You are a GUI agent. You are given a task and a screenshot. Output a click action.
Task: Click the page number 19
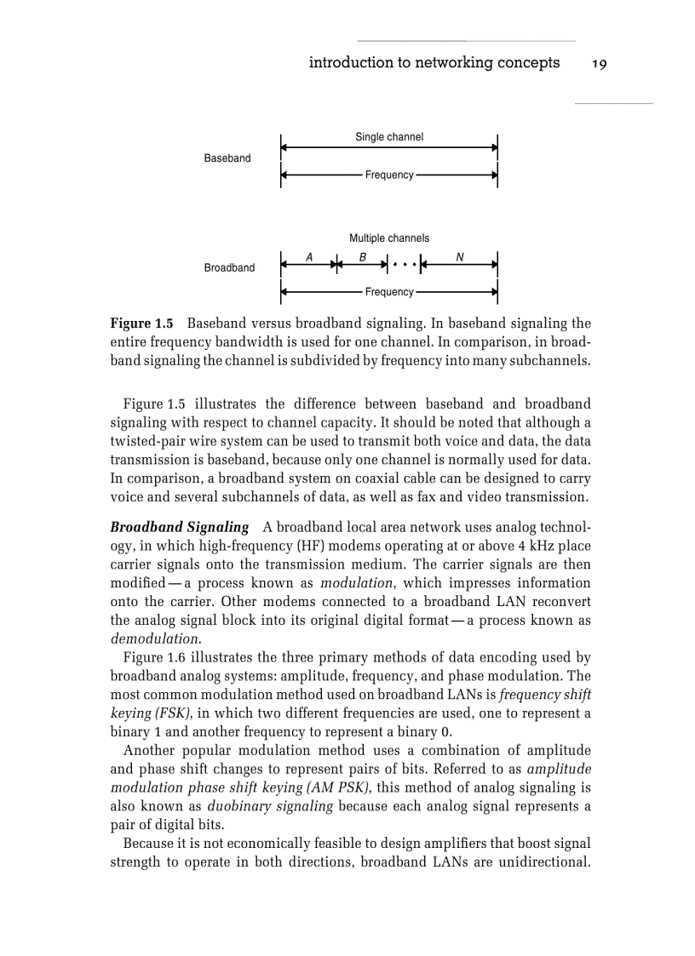click(598, 63)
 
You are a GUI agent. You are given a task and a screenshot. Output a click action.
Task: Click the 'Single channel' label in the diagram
click(388, 137)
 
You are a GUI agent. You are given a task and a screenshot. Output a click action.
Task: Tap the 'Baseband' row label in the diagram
click(227, 158)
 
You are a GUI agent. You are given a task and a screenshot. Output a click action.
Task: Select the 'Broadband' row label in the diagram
click(229, 268)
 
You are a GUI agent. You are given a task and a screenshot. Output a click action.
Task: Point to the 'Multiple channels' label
click(388, 238)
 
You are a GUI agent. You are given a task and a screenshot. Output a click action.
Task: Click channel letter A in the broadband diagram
click(308, 256)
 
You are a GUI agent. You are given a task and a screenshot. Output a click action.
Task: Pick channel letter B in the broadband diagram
click(363, 256)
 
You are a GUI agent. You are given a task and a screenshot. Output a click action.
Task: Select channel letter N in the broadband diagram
click(460, 256)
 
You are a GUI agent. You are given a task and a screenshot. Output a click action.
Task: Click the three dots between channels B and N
click(404, 265)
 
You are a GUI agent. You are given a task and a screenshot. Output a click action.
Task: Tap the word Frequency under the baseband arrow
click(389, 175)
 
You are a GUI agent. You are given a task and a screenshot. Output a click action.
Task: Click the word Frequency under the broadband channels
click(389, 292)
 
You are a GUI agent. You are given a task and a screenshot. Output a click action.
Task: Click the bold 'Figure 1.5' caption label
click(142, 324)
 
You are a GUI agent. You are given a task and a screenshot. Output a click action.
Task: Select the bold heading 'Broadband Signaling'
click(180, 528)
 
